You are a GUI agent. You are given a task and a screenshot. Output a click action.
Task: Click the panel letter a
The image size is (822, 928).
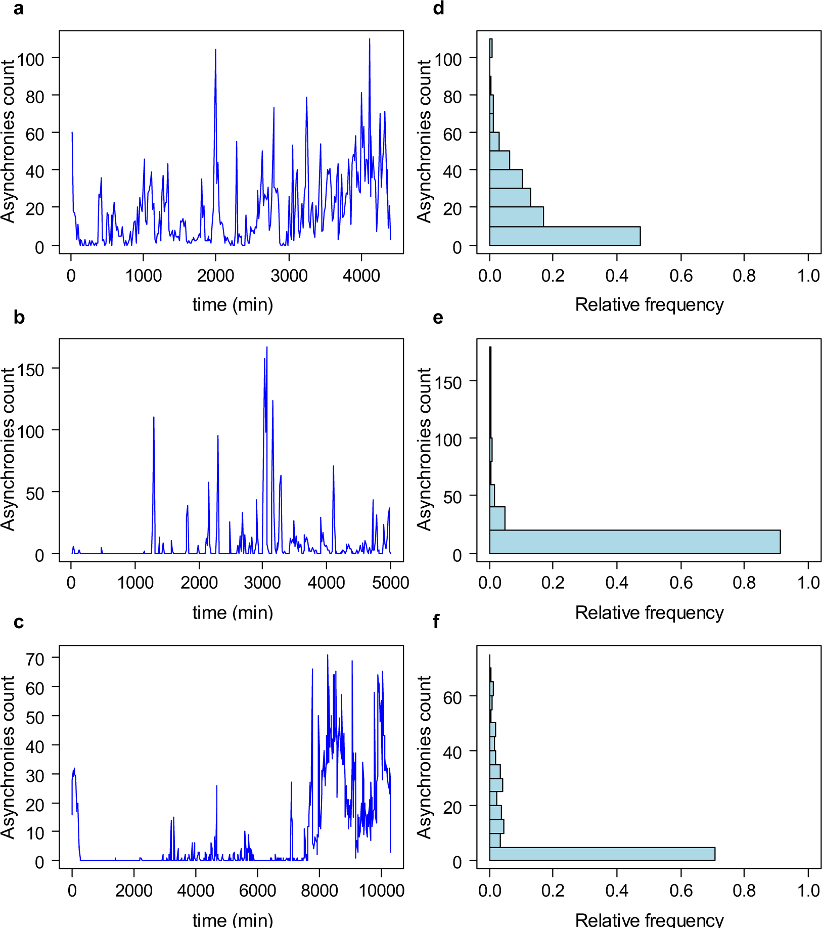pos(18,9)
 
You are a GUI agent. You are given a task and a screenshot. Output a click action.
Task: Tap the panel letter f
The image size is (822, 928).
pos(437,622)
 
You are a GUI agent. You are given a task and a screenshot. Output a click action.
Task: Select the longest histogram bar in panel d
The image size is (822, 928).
pos(564,236)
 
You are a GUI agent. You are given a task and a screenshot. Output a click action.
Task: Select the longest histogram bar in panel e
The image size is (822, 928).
pos(634,542)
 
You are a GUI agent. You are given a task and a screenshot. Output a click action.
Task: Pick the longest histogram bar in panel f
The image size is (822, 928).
pos(602,854)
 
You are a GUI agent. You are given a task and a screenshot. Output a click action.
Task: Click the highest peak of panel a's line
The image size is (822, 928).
pos(370,39)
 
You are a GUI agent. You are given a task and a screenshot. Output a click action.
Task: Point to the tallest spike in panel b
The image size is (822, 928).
pos(267,348)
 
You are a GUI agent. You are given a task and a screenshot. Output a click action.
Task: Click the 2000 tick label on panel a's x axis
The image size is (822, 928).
pos(216,276)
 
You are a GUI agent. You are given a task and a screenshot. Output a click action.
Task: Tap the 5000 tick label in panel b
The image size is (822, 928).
pos(390,583)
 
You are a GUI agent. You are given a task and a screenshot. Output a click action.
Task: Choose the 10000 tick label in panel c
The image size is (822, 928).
pos(381,891)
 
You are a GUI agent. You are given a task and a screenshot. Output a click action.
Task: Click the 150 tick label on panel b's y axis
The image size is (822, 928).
pos(31,370)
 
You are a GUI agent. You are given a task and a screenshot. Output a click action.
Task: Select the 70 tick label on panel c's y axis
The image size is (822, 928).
pos(35,659)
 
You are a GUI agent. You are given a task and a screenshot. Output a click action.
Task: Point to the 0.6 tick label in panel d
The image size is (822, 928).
pos(680,276)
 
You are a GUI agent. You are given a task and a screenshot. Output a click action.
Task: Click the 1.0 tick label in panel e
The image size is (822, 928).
pos(808,583)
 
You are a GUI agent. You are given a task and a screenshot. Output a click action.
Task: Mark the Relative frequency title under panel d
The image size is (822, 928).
pos(649,305)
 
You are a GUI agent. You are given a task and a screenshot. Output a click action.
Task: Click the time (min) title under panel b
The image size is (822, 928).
pos(233,613)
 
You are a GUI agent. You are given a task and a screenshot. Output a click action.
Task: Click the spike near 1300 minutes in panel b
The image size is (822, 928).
pos(154,418)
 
